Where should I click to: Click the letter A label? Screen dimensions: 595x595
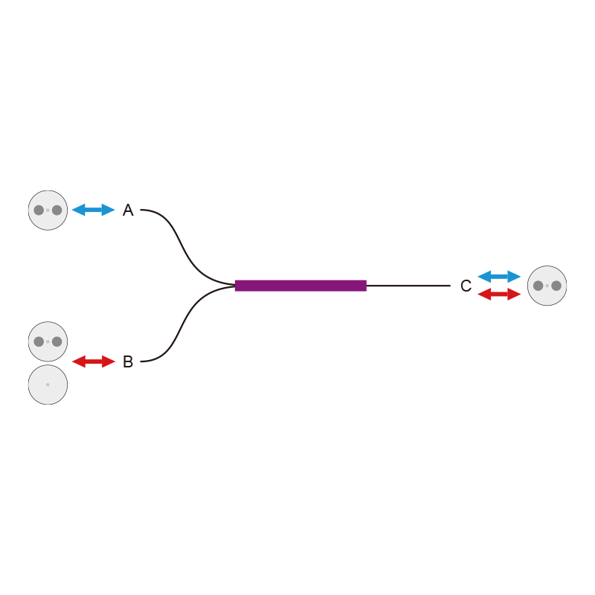pos(128,210)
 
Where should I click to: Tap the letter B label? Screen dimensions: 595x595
pos(128,361)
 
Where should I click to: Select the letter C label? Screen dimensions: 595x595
pos(466,286)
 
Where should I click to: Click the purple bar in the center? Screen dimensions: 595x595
pos(300,286)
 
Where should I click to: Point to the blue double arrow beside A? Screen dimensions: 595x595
pos(94,210)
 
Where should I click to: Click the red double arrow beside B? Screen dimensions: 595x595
pos(94,361)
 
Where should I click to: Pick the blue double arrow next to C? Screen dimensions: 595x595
pos(499,277)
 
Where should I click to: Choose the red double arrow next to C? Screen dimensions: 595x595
pos(499,294)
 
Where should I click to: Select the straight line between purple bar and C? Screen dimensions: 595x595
pos(408,286)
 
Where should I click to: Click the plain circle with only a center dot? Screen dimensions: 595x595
pos(48,385)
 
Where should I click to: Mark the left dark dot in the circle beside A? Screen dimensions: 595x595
pos(39,210)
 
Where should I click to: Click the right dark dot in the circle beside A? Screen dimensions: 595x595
pos(57,210)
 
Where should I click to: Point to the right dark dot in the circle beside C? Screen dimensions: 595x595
pos(556,286)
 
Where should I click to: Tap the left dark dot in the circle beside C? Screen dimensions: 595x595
pos(538,286)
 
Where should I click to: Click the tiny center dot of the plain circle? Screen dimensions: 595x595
pos(48,385)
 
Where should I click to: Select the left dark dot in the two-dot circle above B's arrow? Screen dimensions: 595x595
pos(39,341)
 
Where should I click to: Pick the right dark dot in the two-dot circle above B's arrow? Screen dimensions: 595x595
pos(57,341)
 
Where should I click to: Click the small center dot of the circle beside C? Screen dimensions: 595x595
pos(547,286)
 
